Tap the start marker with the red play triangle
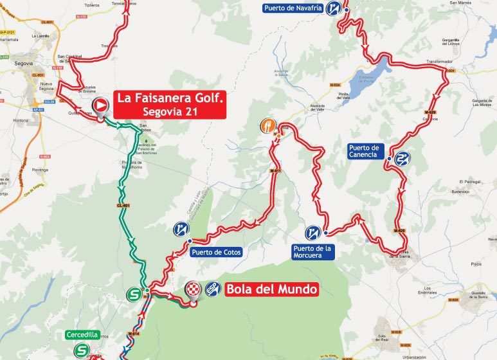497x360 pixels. (x=101, y=105)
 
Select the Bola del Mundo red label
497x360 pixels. (x=271, y=289)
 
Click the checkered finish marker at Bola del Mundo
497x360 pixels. (x=194, y=290)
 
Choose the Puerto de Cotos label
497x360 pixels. (x=216, y=253)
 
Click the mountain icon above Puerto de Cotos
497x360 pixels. (x=181, y=228)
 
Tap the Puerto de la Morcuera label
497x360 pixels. (x=312, y=251)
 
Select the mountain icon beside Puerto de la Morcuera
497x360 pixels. (x=314, y=231)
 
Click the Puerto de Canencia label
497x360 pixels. (x=367, y=151)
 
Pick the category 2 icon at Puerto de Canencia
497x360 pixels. (x=403, y=158)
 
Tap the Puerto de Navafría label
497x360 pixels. (x=292, y=8)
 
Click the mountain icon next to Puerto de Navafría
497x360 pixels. (x=334, y=8)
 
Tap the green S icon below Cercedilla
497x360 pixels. (x=81, y=350)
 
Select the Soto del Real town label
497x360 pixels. (x=384, y=338)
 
